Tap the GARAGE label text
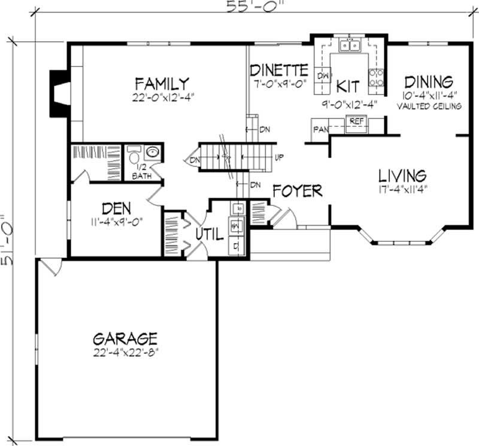coord(125,338)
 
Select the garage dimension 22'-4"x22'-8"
coord(125,352)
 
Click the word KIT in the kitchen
coord(347,86)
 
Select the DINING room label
coord(428,82)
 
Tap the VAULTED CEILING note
coord(429,106)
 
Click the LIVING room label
coord(402,176)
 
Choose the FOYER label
coord(297,191)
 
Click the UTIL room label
coord(210,233)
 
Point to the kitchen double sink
coord(349,45)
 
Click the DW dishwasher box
coord(323,76)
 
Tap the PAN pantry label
coord(319,129)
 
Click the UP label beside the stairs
coord(278,157)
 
